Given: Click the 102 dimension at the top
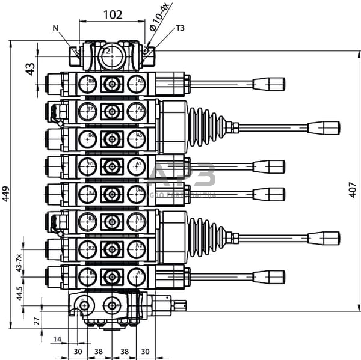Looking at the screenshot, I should point(113,14).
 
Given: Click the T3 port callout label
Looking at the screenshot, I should point(180,28).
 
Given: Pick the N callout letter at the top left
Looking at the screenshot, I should point(55,27).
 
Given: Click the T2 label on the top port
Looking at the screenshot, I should point(106,52).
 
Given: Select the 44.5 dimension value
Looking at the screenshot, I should point(20,293).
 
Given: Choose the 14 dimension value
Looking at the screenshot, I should point(57,340).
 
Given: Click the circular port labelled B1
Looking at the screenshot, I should point(87,276).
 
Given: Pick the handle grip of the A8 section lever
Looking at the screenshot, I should point(268,84).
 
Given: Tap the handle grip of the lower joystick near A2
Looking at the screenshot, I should point(324,238).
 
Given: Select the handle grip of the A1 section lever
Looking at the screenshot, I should point(268,276).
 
